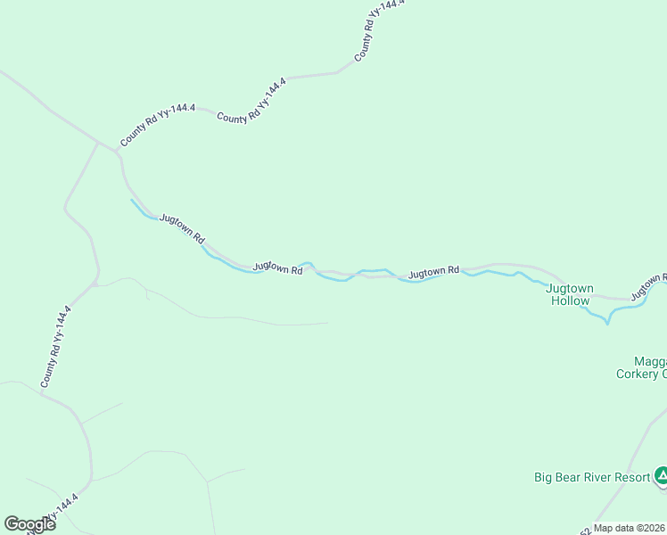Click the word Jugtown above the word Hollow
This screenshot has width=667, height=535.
(x=570, y=288)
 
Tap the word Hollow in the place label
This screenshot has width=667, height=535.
(x=570, y=300)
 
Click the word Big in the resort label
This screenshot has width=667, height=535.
(x=543, y=477)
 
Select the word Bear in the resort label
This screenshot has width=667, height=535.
(x=569, y=477)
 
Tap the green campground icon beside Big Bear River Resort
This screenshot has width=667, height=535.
(x=661, y=476)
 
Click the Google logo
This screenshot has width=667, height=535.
(x=29, y=524)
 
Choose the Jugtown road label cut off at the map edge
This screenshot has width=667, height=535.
(x=648, y=286)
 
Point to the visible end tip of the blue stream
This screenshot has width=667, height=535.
(x=132, y=200)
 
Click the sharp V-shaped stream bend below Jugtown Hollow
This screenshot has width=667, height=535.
(x=607, y=323)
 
